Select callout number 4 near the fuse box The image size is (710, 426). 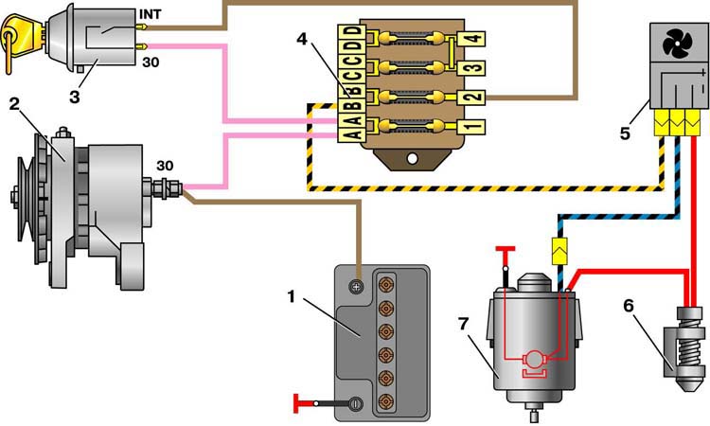[302, 40]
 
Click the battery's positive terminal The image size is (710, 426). [357, 285]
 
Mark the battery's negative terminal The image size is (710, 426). [355, 403]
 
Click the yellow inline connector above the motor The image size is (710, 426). [558, 251]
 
